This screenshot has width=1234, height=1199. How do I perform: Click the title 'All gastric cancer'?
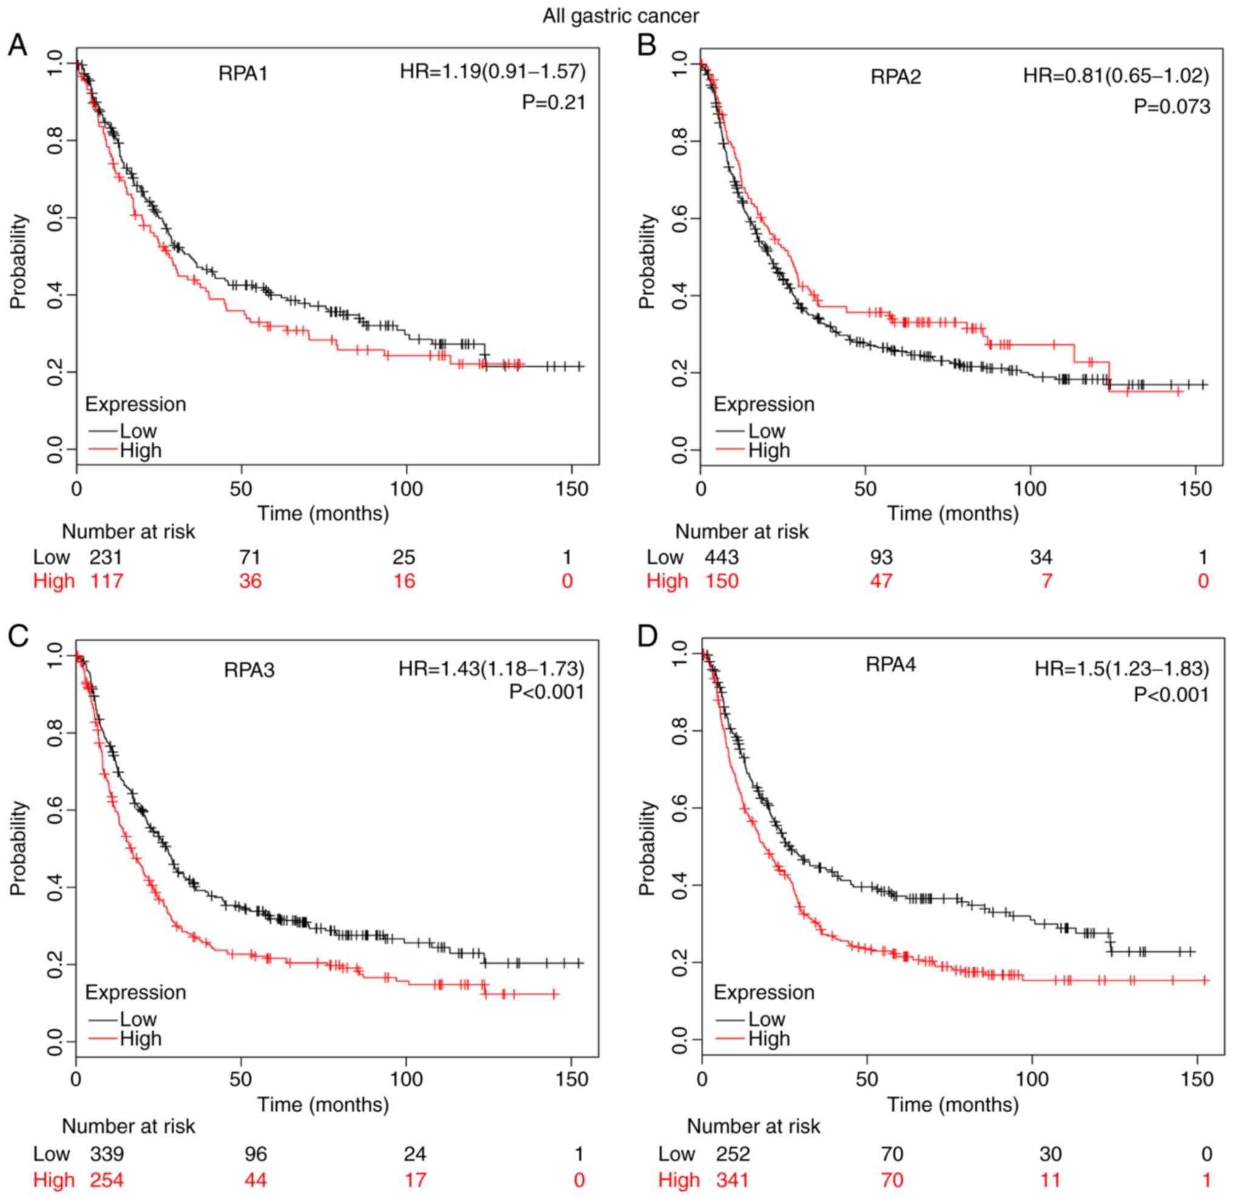[x=620, y=16]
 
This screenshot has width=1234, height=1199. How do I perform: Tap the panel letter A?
[x=17, y=46]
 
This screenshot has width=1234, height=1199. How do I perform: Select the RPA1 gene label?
[x=243, y=74]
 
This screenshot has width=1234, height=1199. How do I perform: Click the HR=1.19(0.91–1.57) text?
[x=493, y=72]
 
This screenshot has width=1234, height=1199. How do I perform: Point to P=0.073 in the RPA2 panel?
[x=1171, y=107]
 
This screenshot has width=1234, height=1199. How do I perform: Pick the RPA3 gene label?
[x=249, y=670]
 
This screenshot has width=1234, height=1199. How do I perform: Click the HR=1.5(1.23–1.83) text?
[x=1122, y=669]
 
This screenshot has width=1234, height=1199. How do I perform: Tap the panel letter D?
[x=647, y=637]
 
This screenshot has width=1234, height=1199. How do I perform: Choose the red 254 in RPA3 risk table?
[x=106, y=1180]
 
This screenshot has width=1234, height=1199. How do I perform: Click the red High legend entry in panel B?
[x=769, y=451]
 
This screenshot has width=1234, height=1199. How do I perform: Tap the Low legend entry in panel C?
[x=138, y=1019]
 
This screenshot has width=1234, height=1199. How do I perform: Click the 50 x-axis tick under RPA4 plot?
[x=867, y=1079]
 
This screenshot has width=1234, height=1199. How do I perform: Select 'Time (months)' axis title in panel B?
[x=953, y=513]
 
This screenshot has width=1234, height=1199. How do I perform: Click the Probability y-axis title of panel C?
[x=19, y=847]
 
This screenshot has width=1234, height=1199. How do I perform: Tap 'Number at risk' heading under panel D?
[x=753, y=1126]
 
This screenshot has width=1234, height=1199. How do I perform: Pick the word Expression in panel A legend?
[x=135, y=405]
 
